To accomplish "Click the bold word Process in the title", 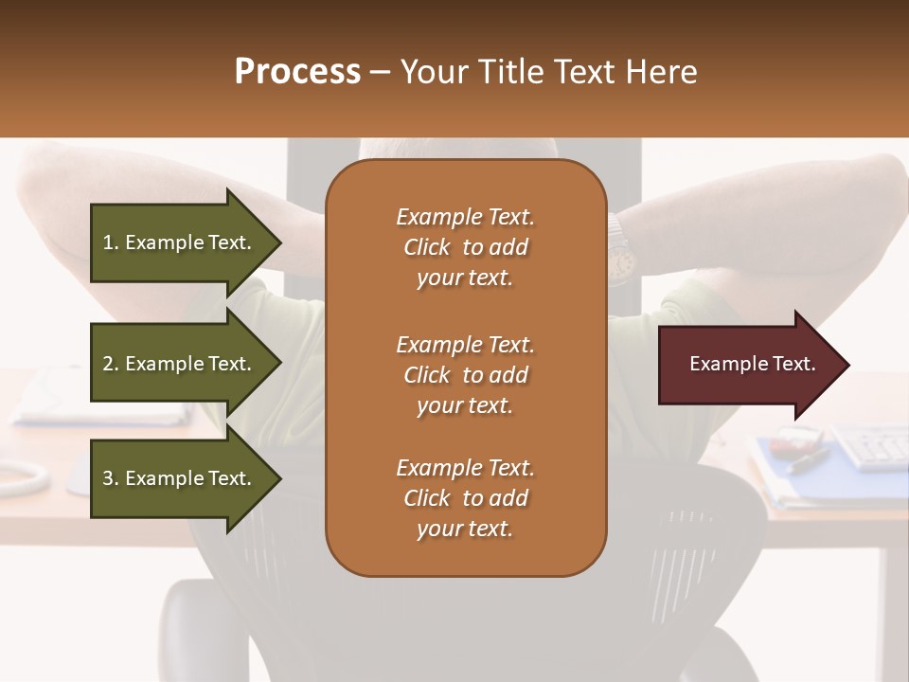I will point(297,72).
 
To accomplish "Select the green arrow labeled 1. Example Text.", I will point(180,242).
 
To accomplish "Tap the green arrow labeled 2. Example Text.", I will point(180,364).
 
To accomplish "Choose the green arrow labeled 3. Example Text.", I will point(180,478).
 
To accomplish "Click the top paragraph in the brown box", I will point(465,247).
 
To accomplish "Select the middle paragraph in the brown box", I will point(465,375).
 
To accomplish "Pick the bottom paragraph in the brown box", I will point(465,498).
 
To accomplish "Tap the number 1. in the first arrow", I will point(111,242).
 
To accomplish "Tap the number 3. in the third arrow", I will point(111,478).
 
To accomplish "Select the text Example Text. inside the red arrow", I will point(753,364).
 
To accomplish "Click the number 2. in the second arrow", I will point(111,364).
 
